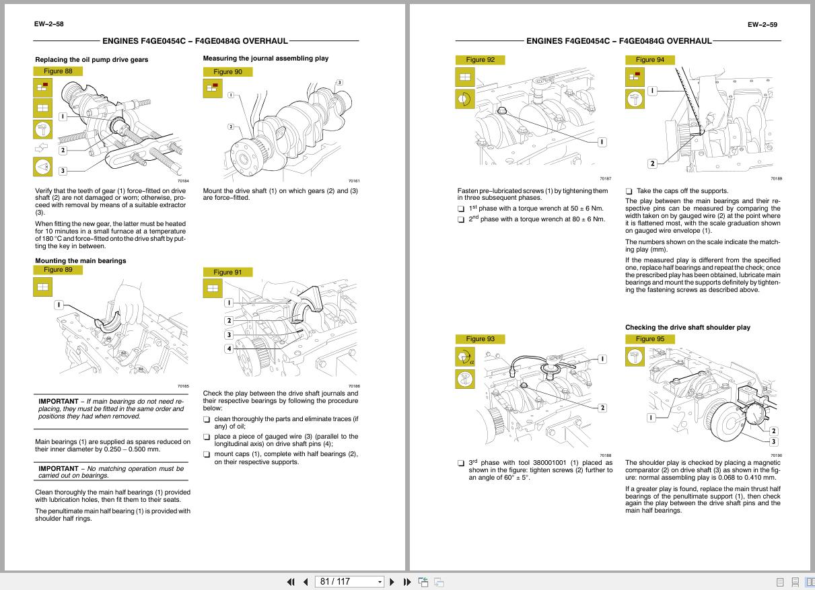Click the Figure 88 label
[x=58, y=71]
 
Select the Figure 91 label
[x=227, y=272]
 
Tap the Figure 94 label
[x=649, y=60]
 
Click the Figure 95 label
[x=649, y=339]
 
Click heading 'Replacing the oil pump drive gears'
[x=92, y=59]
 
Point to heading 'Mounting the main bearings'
[x=80, y=260]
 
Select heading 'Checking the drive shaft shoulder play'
[x=687, y=328]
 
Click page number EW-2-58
[x=48, y=24]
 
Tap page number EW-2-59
[x=762, y=25]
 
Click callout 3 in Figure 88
[x=63, y=171]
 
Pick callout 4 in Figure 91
[x=229, y=348]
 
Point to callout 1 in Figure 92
[x=602, y=142]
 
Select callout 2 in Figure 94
[x=651, y=163]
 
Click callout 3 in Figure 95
[x=773, y=441]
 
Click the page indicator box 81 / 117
[x=350, y=582]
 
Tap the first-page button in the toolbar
[x=291, y=582]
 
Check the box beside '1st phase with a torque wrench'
[x=461, y=209]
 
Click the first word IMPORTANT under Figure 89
[x=58, y=402]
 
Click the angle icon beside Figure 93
[x=465, y=357]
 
